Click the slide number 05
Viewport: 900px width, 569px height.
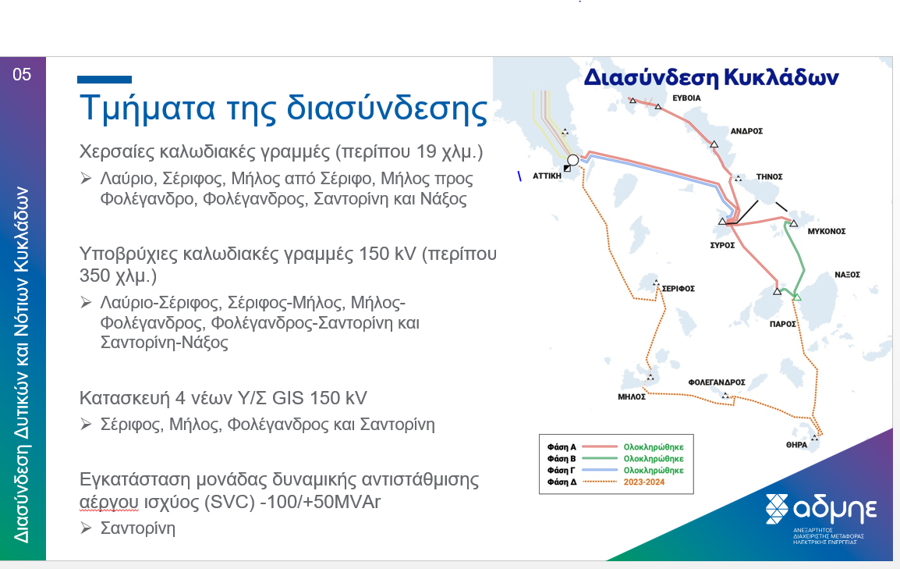pyautogui.click(x=22, y=75)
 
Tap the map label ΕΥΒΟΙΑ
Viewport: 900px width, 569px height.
pyautogui.click(x=686, y=98)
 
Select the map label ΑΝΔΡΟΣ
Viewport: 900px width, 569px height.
pyautogui.click(x=746, y=131)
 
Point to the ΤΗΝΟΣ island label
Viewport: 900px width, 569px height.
pyautogui.click(x=769, y=177)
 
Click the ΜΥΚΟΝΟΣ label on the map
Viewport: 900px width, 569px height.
pyautogui.click(x=827, y=231)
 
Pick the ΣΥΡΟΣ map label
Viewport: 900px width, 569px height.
pyautogui.click(x=722, y=245)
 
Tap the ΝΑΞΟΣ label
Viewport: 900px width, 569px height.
pyautogui.click(x=847, y=275)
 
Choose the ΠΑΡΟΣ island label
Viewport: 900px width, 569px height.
pyautogui.click(x=783, y=325)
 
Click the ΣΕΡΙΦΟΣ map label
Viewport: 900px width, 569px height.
pyautogui.click(x=679, y=289)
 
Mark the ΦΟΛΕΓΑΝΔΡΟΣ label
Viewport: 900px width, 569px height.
pyautogui.click(x=717, y=382)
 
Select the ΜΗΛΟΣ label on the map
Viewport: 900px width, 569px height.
pyautogui.click(x=632, y=397)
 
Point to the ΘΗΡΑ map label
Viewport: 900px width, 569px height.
pyautogui.click(x=797, y=445)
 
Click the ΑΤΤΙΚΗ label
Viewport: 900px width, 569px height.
pyautogui.click(x=547, y=176)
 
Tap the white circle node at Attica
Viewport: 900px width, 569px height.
pyautogui.click(x=572, y=160)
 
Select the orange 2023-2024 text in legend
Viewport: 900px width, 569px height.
pyautogui.click(x=644, y=482)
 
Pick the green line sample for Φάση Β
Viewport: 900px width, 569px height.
pyautogui.click(x=600, y=459)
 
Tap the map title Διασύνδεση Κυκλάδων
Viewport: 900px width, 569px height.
pyautogui.click(x=711, y=77)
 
